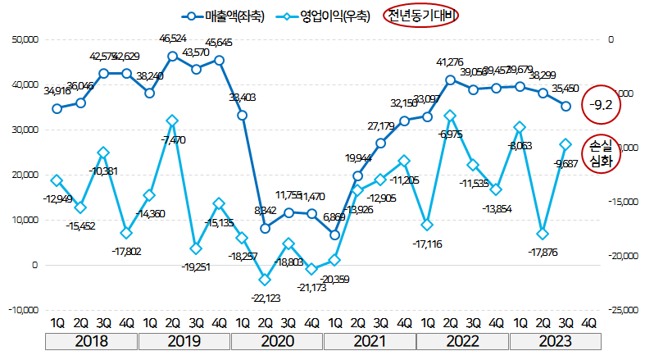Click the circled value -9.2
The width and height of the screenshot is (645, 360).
[602, 105]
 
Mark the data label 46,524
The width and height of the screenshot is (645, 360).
[173, 39]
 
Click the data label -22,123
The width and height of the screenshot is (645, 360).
[265, 297]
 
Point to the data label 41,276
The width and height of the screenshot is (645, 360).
[450, 62]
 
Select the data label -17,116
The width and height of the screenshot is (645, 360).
[428, 244]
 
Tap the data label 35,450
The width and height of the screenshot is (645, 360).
[566, 89]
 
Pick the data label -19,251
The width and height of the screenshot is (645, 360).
[197, 267]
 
